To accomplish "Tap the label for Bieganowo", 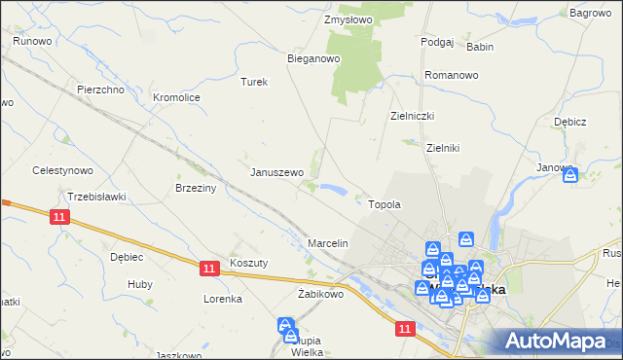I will [x=312, y=58].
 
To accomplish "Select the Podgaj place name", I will [x=437, y=42].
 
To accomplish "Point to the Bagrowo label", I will [x=589, y=13].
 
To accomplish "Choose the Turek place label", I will [x=254, y=82].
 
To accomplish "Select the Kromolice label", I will [x=177, y=97].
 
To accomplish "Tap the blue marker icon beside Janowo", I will [x=570, y=175].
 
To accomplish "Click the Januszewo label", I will [x=277, y=172].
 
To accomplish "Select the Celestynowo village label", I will [x=62, y=170].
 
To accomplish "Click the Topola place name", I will [x=385, y=205].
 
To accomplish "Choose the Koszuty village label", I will [x=248, y=263].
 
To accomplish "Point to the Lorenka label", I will [x=222, y=299].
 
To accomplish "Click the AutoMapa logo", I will [x=554, y=341].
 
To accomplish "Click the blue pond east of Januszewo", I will [x=331, y=189].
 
